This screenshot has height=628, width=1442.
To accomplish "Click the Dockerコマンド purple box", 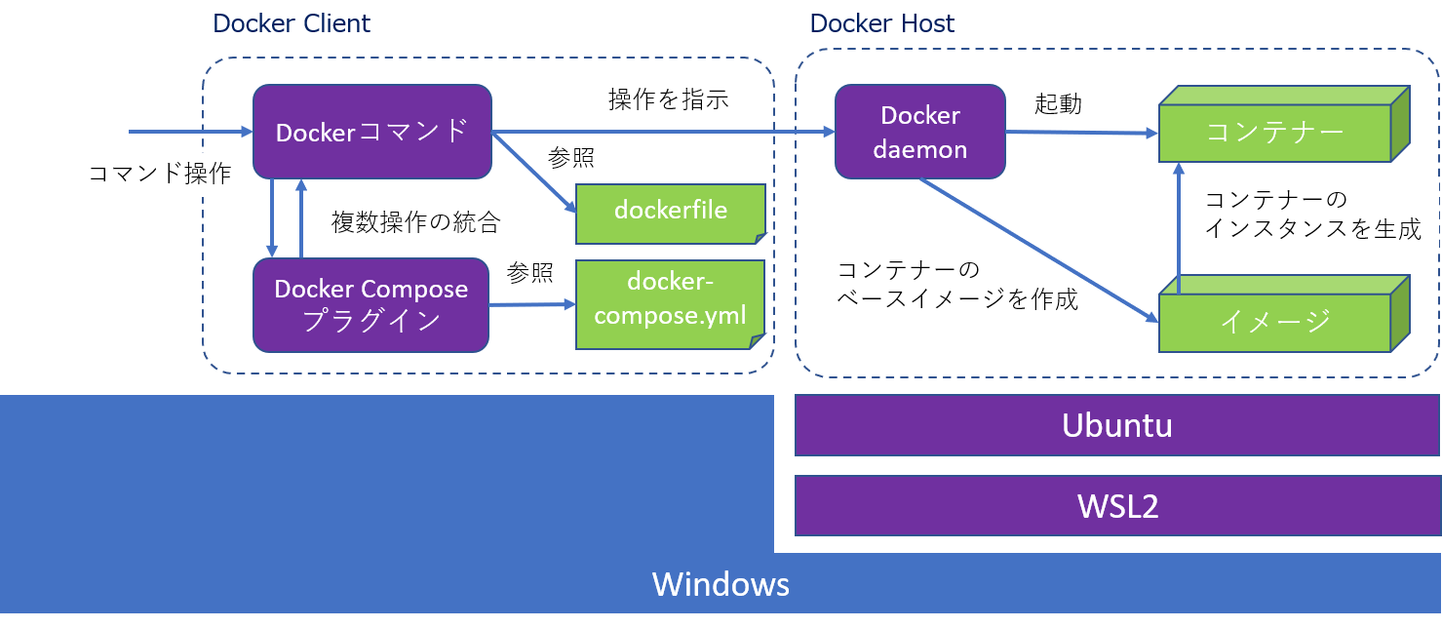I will (371, 132).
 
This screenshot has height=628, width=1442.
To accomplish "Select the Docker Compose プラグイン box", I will (371, 304).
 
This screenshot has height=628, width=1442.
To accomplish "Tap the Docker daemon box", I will (920, 132).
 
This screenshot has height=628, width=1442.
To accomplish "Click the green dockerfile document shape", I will (671, 213).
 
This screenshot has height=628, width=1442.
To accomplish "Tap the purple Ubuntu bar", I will (1116, 425).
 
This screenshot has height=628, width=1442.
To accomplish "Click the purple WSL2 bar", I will (1116, 506).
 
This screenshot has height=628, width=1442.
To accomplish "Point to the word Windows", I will (721, 584).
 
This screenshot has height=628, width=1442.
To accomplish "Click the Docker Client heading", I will (292, 22).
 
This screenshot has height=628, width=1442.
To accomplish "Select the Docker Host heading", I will (882, 22).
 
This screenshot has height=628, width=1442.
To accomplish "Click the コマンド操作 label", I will (160, 174).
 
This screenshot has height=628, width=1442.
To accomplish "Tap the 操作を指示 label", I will (669, 99).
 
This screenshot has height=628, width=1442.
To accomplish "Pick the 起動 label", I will (1059, 103).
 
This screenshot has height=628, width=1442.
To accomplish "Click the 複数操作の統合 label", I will (415, 222).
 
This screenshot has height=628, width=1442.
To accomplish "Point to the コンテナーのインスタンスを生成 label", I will (1312, 216).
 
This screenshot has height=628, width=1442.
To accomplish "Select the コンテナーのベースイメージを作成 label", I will (957, 284).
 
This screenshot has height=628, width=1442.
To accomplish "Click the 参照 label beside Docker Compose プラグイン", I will (530, 274).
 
